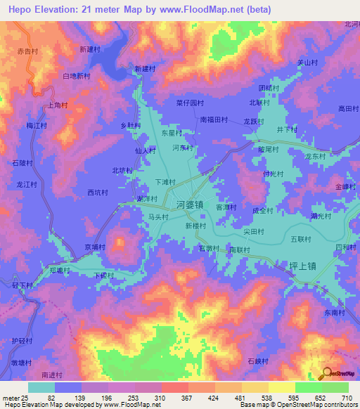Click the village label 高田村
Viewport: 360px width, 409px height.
pyautogui.click(x=348, y=109)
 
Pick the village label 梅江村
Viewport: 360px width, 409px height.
pyautogui.click(x=37, y=125)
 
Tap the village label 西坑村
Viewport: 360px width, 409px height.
pyautogui.click(x=98, y=192)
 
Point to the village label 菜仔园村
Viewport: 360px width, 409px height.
pyautogui.click(x=189, y=102)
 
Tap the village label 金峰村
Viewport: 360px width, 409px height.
pyautogui.click(x=346, y=186)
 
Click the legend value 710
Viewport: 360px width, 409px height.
pyautogui.click(x=347, y=398)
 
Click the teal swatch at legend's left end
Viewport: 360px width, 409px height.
pyautogui.click(x=41, y=387)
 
